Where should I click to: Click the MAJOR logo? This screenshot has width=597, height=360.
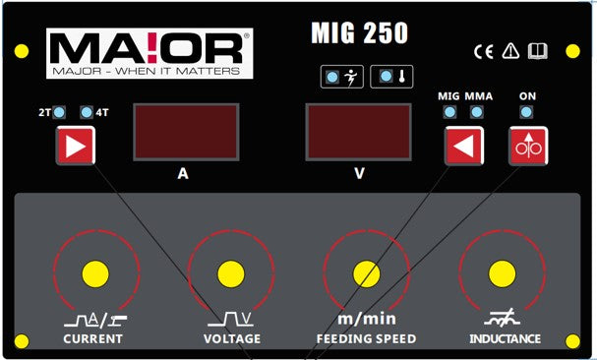(x=149, y=53)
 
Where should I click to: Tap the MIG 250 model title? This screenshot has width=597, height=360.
(x=359, y=33)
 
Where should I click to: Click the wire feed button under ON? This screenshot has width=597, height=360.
(x=527, y=148)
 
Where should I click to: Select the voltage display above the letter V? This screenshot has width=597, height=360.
(x=359, y=133)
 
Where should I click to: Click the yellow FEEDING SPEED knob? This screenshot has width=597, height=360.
(x=366, y=272)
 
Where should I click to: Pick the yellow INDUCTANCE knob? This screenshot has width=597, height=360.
(x=502, y=272)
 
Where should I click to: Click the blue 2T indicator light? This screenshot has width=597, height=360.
(x=59, y=112)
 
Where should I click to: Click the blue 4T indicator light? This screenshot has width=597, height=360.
(x=87, y=112)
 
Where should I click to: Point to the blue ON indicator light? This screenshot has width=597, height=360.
(x=527, y=112)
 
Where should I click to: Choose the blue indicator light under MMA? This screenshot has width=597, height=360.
(x=477, y=112)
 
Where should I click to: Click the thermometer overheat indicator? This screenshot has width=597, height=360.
(x=389, y=77)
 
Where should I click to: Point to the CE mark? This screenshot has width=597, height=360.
(x=484, y=51)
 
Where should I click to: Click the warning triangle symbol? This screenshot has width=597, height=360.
(x=509, y=51)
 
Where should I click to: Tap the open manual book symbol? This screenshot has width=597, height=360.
(x=536, y=51)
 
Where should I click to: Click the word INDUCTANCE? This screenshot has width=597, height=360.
(x=505, y=339)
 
